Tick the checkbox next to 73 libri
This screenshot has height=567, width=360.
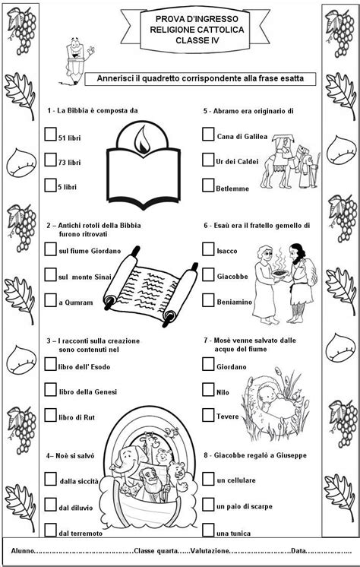point(51,160)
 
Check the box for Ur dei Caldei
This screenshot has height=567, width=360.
point(208,160)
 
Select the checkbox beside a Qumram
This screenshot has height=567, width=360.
point(51,300)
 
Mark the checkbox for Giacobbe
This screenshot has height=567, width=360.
point(208,275)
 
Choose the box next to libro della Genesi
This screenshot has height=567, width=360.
point(51,390)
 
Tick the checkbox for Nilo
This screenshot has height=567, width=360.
point(208,390)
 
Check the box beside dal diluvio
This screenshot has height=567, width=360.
point(51,505)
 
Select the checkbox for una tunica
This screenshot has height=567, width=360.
point(208,530)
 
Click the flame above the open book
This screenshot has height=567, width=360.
point(143,140)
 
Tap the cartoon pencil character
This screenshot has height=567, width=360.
point(77,61)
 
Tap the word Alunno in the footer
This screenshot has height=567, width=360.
point(23,551)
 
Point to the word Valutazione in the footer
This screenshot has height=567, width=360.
point(210,551)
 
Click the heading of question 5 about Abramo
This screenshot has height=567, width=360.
point(248,111)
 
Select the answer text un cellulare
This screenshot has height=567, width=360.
point(236,480)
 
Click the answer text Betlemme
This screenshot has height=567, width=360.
point(232,188)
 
